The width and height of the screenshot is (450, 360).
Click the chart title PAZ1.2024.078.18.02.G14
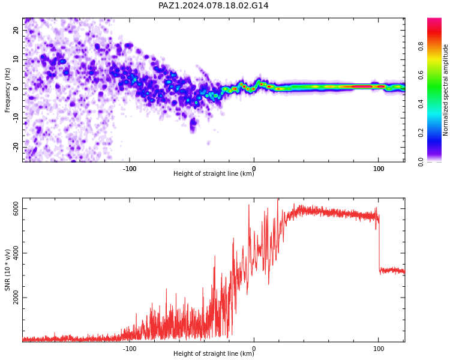[214, 5]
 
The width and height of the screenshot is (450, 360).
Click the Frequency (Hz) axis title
[7, 90]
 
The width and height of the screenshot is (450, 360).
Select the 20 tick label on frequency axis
[16, 30]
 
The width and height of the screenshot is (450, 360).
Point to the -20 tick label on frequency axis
[16, 148]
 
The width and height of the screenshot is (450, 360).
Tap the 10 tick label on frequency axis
[16, 59]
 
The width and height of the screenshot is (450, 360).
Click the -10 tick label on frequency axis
[16, 118]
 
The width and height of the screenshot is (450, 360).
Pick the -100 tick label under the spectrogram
[130, 169]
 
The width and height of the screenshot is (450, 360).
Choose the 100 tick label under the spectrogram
[379, 169]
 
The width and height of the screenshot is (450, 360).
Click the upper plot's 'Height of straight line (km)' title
[214, 173]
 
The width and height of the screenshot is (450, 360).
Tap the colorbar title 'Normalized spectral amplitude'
[445, 90]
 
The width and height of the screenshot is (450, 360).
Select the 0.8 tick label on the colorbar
[421, 46]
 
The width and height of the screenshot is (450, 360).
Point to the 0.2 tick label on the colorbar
[421, 133]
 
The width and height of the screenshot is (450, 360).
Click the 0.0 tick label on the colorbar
[421, 161]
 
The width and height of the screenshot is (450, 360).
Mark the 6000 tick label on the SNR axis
[16, 208]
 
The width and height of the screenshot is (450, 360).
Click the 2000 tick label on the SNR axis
[16, 298]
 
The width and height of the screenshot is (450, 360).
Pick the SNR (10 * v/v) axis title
[7, 269]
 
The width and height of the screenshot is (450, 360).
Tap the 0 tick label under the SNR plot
[254, 349]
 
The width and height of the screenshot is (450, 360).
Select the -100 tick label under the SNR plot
[130, 349]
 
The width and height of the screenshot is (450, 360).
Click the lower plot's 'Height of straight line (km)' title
[214, 353]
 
